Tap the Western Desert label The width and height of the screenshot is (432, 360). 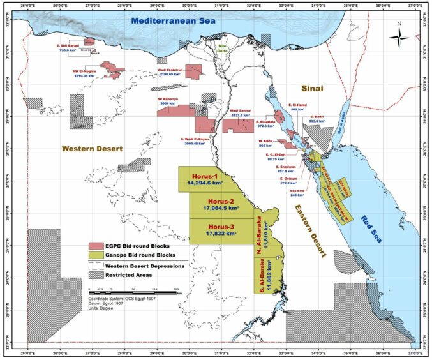[x=91, y=149]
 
